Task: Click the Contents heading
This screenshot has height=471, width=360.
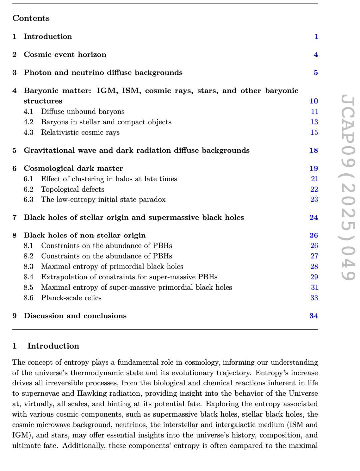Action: (31, 18)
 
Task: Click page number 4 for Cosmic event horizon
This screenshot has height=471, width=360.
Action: (316, 55)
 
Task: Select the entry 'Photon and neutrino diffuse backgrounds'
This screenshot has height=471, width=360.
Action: (103, 73)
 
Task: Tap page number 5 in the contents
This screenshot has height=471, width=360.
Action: (316, 73)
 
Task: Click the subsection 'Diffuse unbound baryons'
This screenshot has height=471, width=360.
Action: (83, 112)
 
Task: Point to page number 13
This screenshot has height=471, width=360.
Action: (314, 122)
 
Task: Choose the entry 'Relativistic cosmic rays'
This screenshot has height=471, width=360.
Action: (80, 133)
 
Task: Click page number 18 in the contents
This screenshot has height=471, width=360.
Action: (313, 151)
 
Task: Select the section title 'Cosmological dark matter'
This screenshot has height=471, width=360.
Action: (73, 169)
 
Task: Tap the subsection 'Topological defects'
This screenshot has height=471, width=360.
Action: (73, 189)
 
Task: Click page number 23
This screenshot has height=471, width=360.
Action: (314, 200)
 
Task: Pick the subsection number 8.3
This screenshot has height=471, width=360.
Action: (28, 267)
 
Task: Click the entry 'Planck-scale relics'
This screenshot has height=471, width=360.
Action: (71, 298)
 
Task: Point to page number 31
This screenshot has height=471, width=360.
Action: (314, 288)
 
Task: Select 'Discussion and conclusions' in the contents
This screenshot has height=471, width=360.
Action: (75, 316)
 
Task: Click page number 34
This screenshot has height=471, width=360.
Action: (313, 316)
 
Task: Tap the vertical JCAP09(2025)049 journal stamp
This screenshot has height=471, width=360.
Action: (348, 188)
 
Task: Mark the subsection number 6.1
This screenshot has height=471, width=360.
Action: (28, 179)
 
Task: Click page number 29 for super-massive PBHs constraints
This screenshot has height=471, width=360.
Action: (314, 277)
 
